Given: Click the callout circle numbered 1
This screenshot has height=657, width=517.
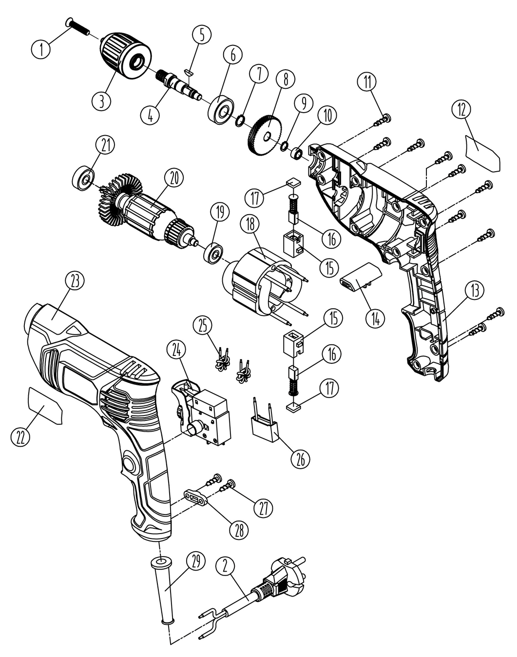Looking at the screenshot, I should (40, 49).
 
